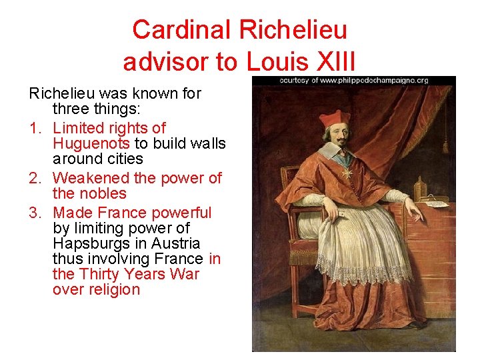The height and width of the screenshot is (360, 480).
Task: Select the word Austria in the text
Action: (176, 243)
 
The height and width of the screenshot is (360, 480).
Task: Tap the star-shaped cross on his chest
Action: (347, 173)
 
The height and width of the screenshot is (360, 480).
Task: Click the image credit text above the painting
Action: (353, 80)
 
